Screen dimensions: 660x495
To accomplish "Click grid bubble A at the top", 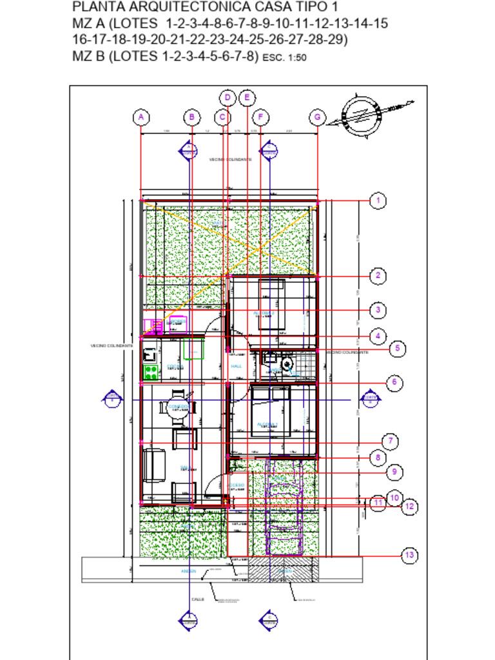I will (141, 117).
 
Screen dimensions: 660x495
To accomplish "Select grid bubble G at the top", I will (317, 117).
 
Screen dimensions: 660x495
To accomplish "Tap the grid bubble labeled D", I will (228, 98).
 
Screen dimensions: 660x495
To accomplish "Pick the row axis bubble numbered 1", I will (378, 201).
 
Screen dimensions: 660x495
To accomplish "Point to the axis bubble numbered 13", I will (409, 555).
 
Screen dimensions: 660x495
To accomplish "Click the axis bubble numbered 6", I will (394, 382).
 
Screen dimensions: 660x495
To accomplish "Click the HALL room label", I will (236, 366).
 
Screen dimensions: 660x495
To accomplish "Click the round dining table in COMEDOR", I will (177, 407).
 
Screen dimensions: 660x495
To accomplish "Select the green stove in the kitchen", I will (150, 371).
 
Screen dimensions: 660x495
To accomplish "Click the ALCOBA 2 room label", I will (264, 313).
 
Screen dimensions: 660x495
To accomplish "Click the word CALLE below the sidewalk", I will (197, 599).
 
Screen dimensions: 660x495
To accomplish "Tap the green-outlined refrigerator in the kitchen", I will (193, 349).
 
